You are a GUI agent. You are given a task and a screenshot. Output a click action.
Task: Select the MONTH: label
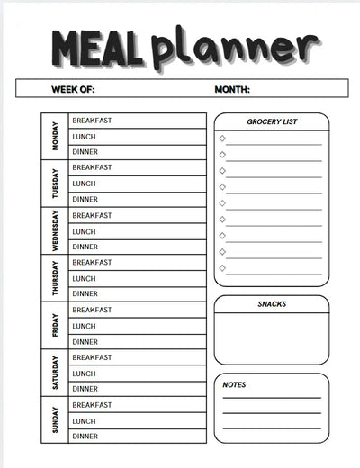click(232, 89)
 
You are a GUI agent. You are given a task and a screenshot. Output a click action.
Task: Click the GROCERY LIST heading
click(272, 121)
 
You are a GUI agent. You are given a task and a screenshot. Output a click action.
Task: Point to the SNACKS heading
click(272, 304)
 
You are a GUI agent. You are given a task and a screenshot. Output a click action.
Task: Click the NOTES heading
click(234, 384)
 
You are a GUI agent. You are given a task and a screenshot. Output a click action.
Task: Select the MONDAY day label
click(55, 136)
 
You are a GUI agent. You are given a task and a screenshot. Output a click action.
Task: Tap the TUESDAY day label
click(55, 184)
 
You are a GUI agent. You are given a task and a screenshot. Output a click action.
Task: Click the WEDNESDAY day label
click(55, 231)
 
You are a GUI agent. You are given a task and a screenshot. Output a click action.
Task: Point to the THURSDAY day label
click(55, 279)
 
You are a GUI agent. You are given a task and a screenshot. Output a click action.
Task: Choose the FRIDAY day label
click(55, 326)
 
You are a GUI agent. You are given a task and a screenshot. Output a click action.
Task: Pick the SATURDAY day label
click(55, 373)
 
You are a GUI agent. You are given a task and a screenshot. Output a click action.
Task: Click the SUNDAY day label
click(55, 420)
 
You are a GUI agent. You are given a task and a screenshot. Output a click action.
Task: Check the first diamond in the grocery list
click(221, 139)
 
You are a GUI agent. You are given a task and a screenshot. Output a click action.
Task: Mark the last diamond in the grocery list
click(221, 267)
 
